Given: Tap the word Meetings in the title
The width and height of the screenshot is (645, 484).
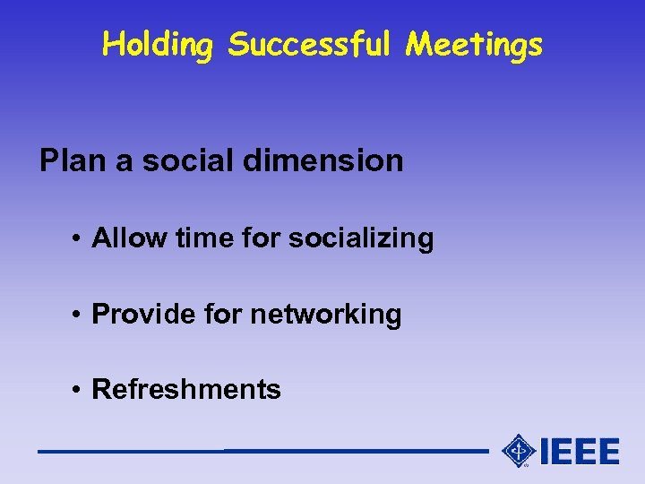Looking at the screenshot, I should coord(474,44).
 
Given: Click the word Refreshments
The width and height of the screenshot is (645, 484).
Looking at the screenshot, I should coord(186,390).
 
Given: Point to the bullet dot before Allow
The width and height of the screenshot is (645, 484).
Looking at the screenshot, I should coord(80,239).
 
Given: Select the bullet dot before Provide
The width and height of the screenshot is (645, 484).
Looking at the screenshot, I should coord(80,315).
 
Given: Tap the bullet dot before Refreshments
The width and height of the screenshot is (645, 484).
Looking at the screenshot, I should coord(80,391).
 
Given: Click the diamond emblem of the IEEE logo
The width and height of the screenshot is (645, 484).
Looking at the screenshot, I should coord(519,451).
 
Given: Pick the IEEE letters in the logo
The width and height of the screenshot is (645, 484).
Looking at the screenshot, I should coord(580,451).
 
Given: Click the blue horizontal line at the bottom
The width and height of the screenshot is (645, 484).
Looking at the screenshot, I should coord(260,451).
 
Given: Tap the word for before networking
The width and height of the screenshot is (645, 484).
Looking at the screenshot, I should coord(224,315).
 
